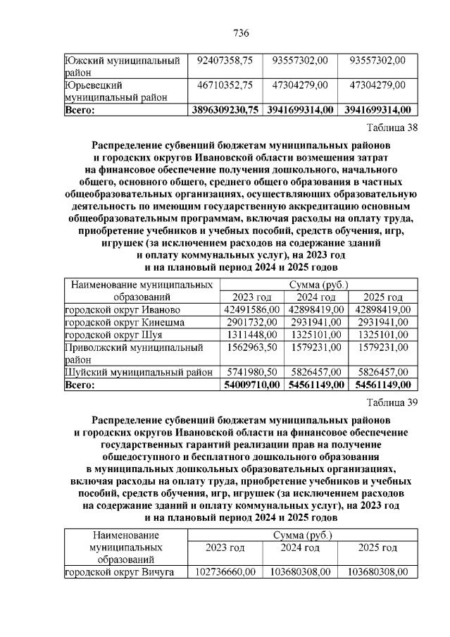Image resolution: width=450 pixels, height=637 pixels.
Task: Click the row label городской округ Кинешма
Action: coord(125,322)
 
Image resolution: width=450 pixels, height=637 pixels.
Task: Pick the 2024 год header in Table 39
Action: coord(300,548)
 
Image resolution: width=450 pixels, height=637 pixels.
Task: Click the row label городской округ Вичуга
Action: coord(119,572)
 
